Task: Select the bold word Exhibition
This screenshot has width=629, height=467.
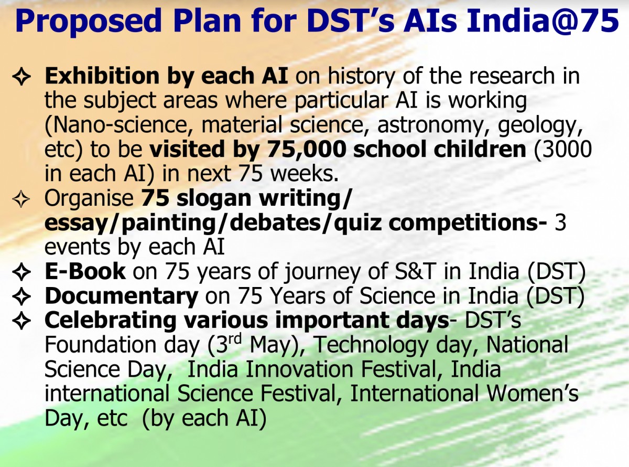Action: click(102, 76)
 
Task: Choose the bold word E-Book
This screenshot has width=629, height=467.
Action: click(85, 271)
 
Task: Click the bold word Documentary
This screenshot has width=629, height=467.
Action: click(122, 296)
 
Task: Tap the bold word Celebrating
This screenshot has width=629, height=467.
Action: click(110, 321)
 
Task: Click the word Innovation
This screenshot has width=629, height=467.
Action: click(299, 369)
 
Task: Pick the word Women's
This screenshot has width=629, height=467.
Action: click(533, 394)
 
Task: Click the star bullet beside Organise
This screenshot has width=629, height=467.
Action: click(21, 199)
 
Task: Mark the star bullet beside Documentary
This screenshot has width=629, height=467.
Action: click(21, 296)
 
